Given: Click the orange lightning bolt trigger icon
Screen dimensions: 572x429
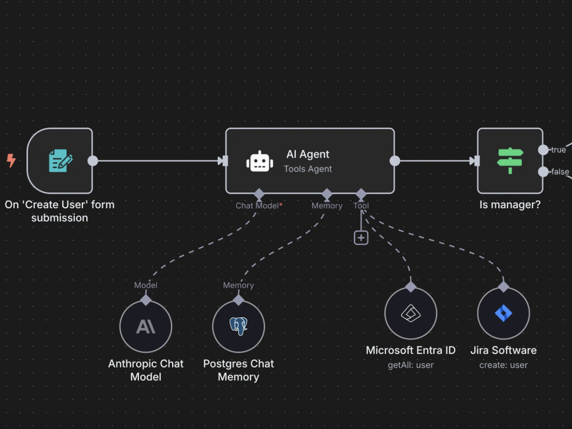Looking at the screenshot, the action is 11,161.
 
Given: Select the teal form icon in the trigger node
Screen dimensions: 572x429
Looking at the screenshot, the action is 61,161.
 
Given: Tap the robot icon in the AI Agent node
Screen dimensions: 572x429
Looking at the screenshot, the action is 260,161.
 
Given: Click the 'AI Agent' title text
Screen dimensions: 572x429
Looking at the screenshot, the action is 308,154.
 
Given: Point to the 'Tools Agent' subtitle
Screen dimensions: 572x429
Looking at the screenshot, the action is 308,169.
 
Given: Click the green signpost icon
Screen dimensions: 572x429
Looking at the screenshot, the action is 510,161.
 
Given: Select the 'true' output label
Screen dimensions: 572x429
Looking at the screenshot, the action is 558,149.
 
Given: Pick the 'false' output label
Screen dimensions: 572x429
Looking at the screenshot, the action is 560,172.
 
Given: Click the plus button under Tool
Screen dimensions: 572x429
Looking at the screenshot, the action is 361,238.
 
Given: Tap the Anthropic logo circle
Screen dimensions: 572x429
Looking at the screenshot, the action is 146,327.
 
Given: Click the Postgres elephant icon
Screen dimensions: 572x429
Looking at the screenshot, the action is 239,326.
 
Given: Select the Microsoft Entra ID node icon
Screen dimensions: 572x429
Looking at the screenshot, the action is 411,313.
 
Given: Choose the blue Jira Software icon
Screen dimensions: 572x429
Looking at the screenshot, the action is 503,313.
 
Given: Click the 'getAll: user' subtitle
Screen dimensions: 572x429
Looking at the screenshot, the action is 411,365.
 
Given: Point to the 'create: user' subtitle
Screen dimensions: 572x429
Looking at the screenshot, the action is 503,365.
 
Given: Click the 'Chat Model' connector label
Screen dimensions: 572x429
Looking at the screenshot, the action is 257,206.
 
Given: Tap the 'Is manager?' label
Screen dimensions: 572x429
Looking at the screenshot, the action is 510,205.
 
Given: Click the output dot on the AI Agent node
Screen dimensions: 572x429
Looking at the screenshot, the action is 395,161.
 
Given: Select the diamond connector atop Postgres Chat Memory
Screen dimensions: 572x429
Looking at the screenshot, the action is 239,300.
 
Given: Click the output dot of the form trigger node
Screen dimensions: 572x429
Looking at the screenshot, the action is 93,161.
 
